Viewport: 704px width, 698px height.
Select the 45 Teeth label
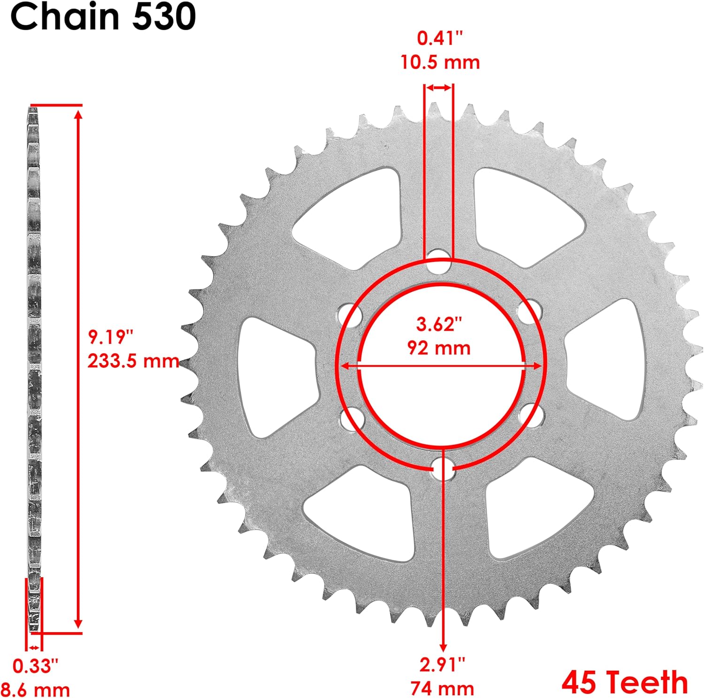(x=625, y=682)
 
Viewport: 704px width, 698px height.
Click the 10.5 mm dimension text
(x=440, y=62)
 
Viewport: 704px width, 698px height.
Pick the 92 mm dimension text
(x=439, y=348)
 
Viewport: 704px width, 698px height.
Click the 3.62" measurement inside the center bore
(x=439, y=324)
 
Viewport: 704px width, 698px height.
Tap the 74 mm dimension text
(x=442, y=689)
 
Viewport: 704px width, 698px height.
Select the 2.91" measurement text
(x=442, y=664)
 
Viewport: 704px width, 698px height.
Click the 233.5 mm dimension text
(x=133, y=361)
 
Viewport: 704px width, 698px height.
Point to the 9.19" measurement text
(x=111, y=337)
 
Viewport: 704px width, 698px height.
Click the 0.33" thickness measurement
(x=36, y=666)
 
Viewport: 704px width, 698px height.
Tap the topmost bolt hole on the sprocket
(x=439, y=262)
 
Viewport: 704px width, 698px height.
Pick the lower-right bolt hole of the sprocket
(x=531, y=415)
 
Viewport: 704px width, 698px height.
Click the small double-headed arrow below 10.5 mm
(x=439, y=88)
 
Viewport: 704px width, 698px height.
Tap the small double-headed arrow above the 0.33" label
(x=34, y=647)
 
